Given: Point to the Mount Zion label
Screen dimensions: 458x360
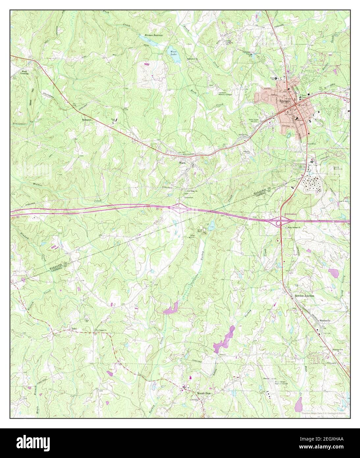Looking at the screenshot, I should [204, 393].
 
